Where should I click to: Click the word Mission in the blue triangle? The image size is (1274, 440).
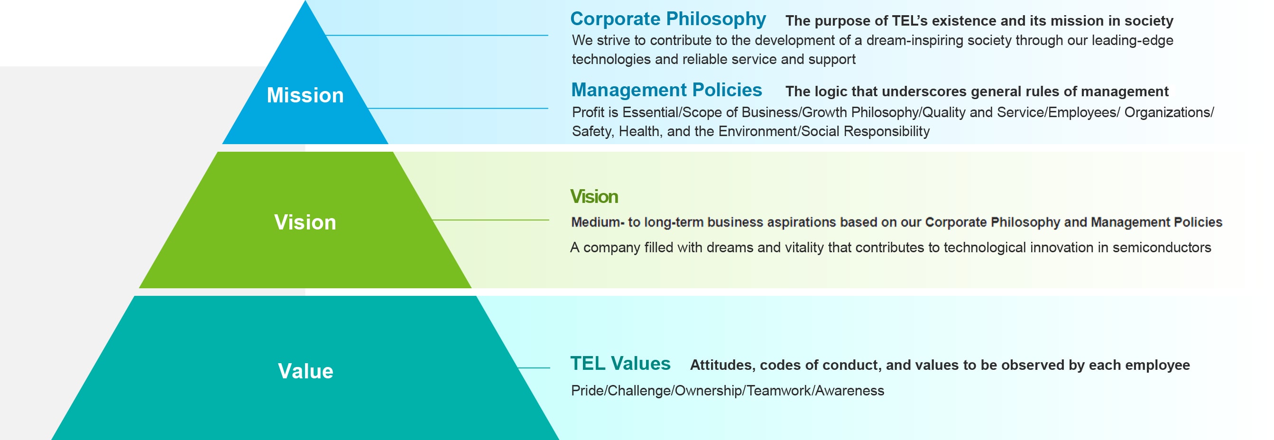(x=305, y=95)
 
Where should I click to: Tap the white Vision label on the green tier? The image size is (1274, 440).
(x=305, y=222)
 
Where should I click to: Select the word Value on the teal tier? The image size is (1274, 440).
(x=305, y=371)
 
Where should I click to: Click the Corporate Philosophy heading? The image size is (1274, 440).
(x=668, y=19)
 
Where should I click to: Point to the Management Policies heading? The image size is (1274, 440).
(x=667, y=90)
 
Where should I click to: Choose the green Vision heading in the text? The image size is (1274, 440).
(x=594, y=196)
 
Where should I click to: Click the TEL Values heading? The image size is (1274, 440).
(x=620, y=363)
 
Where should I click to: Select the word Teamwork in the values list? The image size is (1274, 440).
(x=779, y=391)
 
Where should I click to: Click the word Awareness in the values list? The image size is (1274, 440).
(x=849, y=391)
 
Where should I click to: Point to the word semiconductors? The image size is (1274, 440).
(x=1162, y=247)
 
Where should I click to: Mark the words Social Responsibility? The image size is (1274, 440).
(x=866, y=131)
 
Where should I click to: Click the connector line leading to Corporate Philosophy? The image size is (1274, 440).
(x=437, y=35)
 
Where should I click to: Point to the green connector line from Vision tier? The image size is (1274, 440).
(x=490, y=220)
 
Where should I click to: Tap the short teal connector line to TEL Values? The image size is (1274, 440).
(x=534, y=368)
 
